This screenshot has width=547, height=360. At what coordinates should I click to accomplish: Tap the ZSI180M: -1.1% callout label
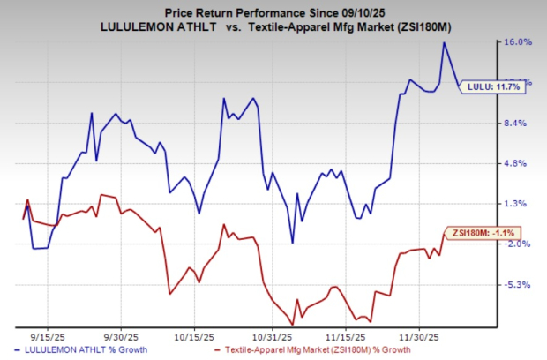483,233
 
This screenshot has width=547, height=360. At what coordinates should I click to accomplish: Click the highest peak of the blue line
444,42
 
